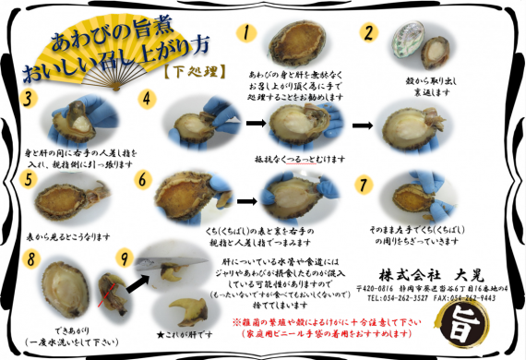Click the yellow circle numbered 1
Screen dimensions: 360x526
tap(246, 33)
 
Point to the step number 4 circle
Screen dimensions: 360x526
tap(147, 97)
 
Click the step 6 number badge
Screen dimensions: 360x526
tap(142, 177)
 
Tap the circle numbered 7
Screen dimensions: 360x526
tap(365, 183)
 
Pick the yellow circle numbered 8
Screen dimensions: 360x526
tap(31, 259)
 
